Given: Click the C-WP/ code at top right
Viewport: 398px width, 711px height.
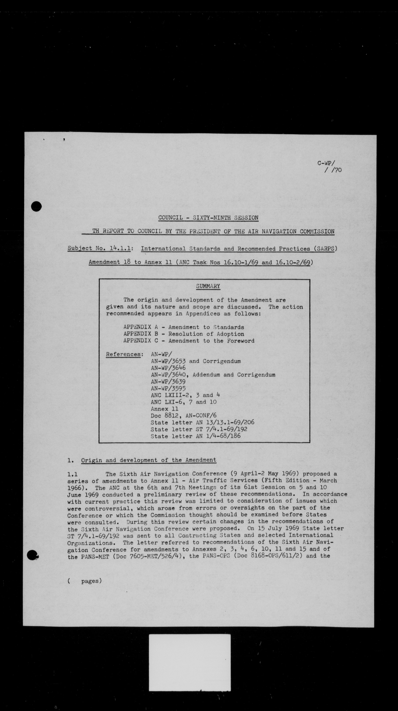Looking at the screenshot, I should [326, 163].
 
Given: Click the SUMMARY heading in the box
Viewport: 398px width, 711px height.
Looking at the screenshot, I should [208, 286].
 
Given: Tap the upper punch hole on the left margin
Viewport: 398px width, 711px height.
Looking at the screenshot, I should [36, 207].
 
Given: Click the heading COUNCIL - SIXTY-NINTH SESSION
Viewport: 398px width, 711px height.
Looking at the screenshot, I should [208, 218].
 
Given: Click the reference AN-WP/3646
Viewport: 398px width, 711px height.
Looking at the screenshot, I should [168, 368].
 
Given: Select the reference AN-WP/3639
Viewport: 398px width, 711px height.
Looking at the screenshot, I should [168, 381].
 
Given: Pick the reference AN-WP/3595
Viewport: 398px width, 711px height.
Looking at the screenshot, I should [168, 388].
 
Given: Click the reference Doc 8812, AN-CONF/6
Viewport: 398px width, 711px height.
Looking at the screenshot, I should [183, 415].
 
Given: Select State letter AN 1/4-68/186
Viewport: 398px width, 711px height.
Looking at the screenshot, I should [195, 436].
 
